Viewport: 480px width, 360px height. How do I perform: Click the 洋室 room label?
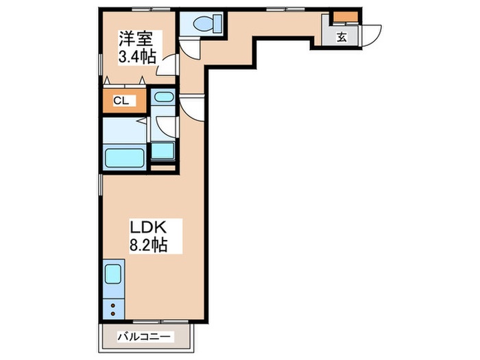(x=136, y=39)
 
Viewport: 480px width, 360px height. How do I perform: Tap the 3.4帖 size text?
(x=137, y=56)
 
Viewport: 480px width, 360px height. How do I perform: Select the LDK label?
(x=149, y=228)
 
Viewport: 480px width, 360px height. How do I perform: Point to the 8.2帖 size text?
(x=149, y=245)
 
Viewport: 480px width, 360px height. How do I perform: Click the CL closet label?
(x=121, y=101)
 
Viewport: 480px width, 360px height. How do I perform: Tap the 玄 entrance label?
(x=342, y=37)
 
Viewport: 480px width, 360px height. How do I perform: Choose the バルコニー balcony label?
(x=144, y=337)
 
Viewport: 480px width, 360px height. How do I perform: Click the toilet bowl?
(x=203, y=23)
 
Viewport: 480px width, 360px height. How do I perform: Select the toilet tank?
(x=217, y=23)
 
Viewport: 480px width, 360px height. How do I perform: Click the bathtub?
(x=124, y=158)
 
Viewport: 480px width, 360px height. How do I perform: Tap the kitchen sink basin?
(x=113, y=274)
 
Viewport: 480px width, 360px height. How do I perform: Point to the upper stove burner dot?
(x=112, y=305)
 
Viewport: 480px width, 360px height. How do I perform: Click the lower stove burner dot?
(x=112, y=313)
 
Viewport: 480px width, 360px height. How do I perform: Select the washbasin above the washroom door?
(x=163, y=97)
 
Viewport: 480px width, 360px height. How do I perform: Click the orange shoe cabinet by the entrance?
(x=346, y=16)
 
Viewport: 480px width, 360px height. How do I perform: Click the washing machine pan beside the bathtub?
(x=163, y=152)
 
